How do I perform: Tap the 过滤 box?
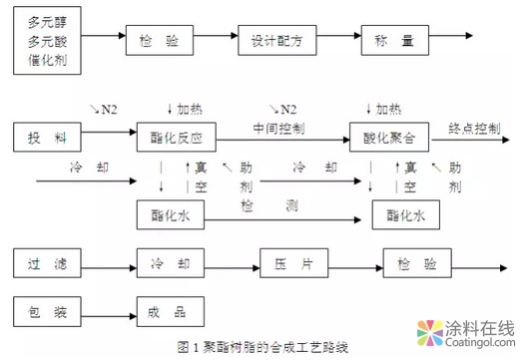[x=48, y=266]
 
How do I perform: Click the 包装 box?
[x=48, y=311]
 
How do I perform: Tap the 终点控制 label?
[x=473, y=129]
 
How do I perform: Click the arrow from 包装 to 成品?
[x=109, y=311]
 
